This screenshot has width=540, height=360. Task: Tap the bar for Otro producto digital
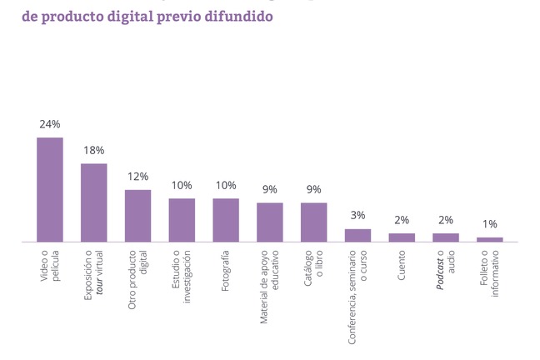coord(137,216)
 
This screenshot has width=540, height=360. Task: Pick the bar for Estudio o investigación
coord(182,220)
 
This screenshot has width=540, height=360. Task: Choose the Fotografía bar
coord(226,220)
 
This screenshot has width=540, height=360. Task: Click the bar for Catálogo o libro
coord(314,222)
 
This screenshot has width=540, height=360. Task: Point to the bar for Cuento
coord(402,237)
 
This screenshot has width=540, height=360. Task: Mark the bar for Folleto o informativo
coord(490,240)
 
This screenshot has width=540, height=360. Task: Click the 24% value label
coord(50,124)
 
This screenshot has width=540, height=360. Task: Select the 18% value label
coord(94,150)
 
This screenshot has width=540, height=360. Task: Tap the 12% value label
coord(137,177)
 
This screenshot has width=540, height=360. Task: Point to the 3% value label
coord(357,216)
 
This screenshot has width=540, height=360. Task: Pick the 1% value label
coord(490,224)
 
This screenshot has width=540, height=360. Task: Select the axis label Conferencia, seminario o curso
coord(357,296)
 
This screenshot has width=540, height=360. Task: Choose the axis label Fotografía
coord(226,271)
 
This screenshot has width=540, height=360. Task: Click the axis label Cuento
coord(402,265)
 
